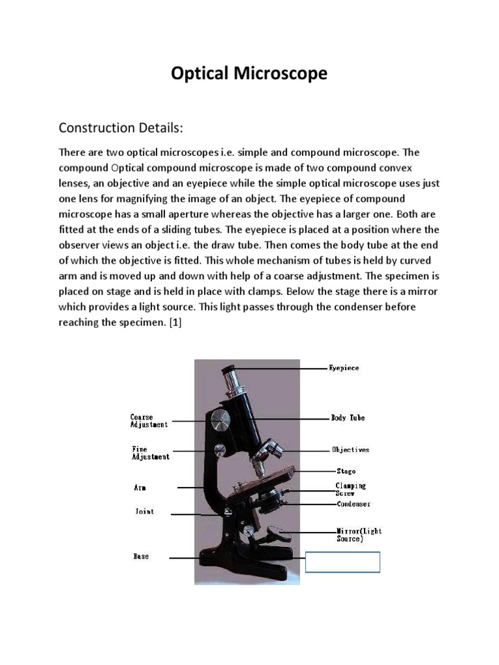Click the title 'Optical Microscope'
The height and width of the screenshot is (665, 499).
249,75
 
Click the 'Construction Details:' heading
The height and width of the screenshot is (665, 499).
122,127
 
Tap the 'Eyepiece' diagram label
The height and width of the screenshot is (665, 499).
344,368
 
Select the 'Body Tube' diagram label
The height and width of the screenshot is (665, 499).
348,418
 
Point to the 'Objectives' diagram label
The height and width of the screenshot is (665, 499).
350,449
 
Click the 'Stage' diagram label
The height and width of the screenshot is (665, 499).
346,471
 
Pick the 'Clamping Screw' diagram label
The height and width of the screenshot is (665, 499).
350,489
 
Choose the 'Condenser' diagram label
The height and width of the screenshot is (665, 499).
353,503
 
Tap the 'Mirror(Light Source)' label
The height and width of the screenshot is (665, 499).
359,534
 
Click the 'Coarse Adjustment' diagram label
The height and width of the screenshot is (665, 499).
149,421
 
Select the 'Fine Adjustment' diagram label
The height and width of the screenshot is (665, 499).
150,453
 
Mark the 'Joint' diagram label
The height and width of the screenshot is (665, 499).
144,512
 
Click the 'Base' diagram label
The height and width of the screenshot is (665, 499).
141,557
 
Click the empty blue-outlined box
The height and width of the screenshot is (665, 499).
342,562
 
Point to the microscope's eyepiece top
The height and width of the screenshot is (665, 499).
229,371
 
